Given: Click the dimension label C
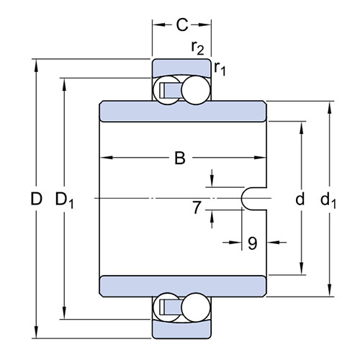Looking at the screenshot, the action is pyautogui.click(x=182, y=24).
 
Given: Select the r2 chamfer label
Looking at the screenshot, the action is pyautogui.click(x=197, y=48).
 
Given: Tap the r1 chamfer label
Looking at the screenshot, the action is pyautogui.click(x=220, y=68).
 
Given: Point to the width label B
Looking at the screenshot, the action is pyautogui.click(x=180, y=158).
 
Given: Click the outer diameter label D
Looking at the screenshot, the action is pyautogui.click(x=36, y=199).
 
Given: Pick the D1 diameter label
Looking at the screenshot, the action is pyautogui.click(x=64, y=200).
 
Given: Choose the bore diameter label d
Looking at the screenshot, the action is pyautogui.click(x=300, y=199).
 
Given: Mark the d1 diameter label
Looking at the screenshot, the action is pyautogui.click(x=328, y=200).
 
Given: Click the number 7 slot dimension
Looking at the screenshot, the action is pyautogui.click(x=197, y=207).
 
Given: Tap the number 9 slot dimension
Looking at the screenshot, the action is pyautogui.click(x=252, y=243).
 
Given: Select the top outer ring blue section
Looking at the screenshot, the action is pyautogui.click(x=181, y=67).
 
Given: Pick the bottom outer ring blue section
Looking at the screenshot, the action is pyautogui.click(x=181, y=330).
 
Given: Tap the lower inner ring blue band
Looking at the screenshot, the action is pyautogui.click(x=183, y=287).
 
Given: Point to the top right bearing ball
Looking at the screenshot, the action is pyautogui.click(x=196, y=90).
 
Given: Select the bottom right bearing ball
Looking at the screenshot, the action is pyautogui.click(x=196, y=307).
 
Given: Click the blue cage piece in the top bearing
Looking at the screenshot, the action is pyautogui.click(x=171, y=91).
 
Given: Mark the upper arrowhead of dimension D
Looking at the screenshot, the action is pyautogui.click(x=36, y=66).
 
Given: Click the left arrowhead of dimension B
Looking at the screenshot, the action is pyautogui.click(x=106, y=158).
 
